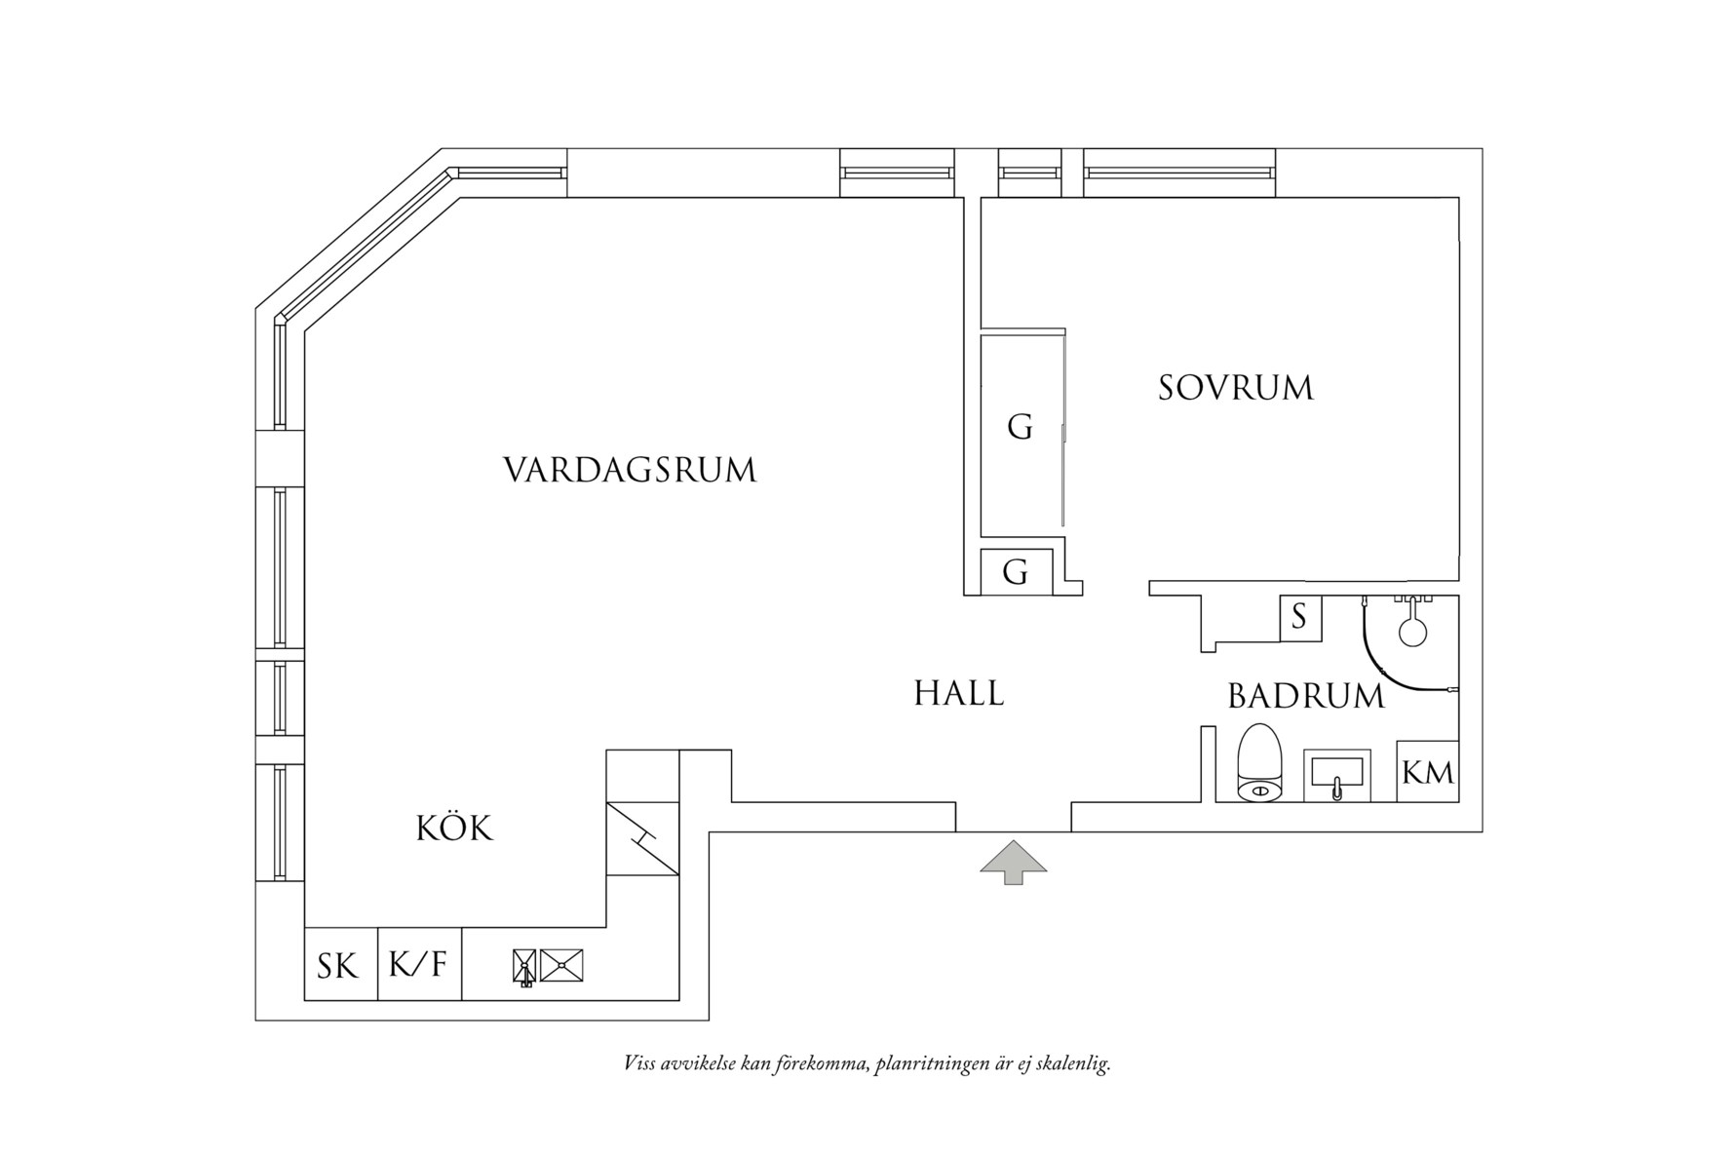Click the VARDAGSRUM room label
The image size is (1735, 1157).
click(630, 470)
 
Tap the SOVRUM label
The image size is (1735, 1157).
click(1235, 388)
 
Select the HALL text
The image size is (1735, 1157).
click(959, 694)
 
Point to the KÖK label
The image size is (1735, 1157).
click(454, 829)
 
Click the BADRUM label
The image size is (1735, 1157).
click(1305, 696)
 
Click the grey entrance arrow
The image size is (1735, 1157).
click(1014, 862)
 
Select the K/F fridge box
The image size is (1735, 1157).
click(419, 965)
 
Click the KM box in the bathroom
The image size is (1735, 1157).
click(1428, 772)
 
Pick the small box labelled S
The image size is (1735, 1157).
click(1299, 617)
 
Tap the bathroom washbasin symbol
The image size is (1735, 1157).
click(1337, 776)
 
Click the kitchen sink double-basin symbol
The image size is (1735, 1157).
click(549, 966)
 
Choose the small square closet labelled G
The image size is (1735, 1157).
click(1017, 571)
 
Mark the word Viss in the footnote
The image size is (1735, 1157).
click(639, 1063)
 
